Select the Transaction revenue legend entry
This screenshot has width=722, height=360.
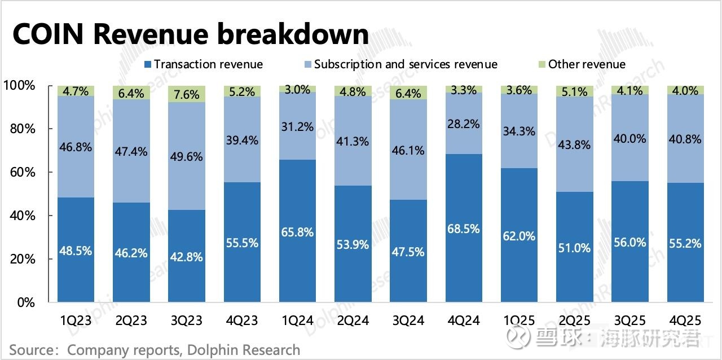pyautogui.click(x=203, y=64)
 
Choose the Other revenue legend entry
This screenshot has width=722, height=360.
pyautogui.click(x=580, y=64)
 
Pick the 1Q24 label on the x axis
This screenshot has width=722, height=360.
pyautogui.click(x=297, y=321)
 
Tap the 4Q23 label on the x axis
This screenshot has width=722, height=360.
pyautogui.click(x=241, y=321)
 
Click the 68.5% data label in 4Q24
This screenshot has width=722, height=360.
pyautogui.click(x=464, y=229)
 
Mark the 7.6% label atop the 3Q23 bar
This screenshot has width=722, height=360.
pyautogui.click(x=186, y=95)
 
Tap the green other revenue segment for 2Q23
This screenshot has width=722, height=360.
pyautogui.click(x=131, y=93)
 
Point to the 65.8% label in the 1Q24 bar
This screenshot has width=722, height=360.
pyautogui.click(x=297, y=232)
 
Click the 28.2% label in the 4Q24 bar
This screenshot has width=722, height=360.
pyautogui.click(x=464, y=124)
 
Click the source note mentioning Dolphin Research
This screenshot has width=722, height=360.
pyautogui.click(x=155, y=350)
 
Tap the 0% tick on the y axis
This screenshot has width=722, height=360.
pyautogui.click(x=25, y=302)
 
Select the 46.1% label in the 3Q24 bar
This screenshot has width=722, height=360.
pyautogui.click(x=408, y=150)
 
